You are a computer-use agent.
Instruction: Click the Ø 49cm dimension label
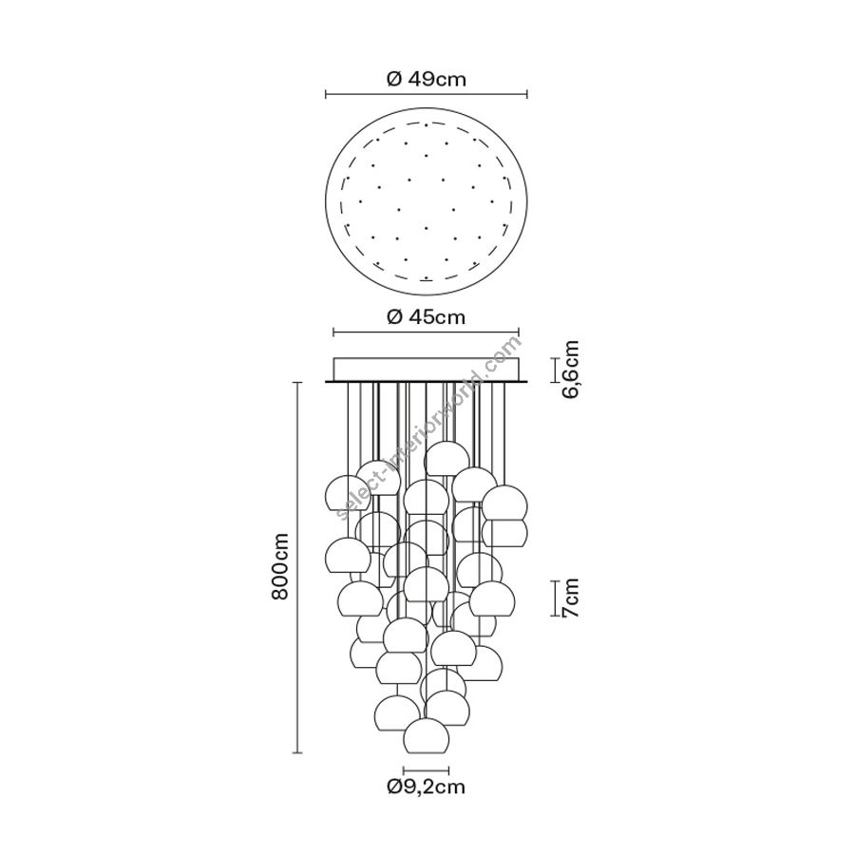[x=427, y=80]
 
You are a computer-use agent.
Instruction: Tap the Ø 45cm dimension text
[x=427, y=316]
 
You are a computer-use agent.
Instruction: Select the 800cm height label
[x=280, y=566]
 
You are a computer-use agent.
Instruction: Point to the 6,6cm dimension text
[x=570, y=370]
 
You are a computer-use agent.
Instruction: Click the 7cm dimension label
[x=570, y=598]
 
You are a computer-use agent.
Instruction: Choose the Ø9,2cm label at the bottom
[x=426, y=787]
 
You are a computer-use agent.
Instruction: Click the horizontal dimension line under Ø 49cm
[x=427, y=94]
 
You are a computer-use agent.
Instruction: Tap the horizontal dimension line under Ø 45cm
[x=426, y=332]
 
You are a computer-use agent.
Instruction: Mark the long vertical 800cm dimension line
[x=297, y=568]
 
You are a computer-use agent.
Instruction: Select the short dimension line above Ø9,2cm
[x=426, y=770]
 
